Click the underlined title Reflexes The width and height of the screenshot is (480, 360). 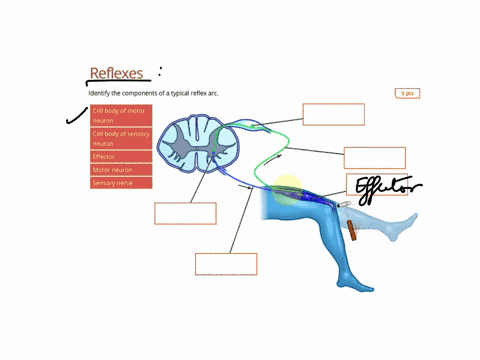(116, 73)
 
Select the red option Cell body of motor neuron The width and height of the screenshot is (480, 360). (121, 115)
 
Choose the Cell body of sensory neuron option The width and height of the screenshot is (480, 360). (121, 138)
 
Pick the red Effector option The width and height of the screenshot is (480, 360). (121, 157)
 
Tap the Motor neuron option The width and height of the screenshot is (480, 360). (121, 170)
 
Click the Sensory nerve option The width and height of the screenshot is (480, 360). (121, 183)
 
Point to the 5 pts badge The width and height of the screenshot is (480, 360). (406, 93)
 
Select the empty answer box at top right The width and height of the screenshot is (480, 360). (333, 114)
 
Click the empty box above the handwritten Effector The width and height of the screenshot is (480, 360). (374, 158)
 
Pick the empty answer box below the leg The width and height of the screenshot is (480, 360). (226, 264)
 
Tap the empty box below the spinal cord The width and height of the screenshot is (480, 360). (185, 213)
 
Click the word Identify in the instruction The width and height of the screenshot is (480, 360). (100, 93)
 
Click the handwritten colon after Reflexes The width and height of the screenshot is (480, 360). (159, 71)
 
